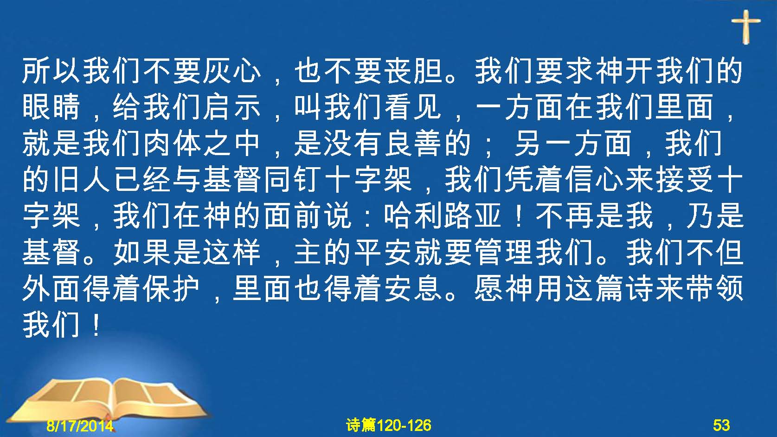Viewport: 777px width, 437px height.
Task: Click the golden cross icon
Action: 746,26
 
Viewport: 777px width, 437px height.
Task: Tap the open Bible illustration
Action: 108,399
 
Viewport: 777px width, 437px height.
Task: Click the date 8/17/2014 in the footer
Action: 80,425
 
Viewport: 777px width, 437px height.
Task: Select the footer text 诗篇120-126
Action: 389,425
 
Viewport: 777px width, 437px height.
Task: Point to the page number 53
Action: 721,425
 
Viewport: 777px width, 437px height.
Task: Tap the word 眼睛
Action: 51,107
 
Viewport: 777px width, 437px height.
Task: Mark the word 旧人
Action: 82,180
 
